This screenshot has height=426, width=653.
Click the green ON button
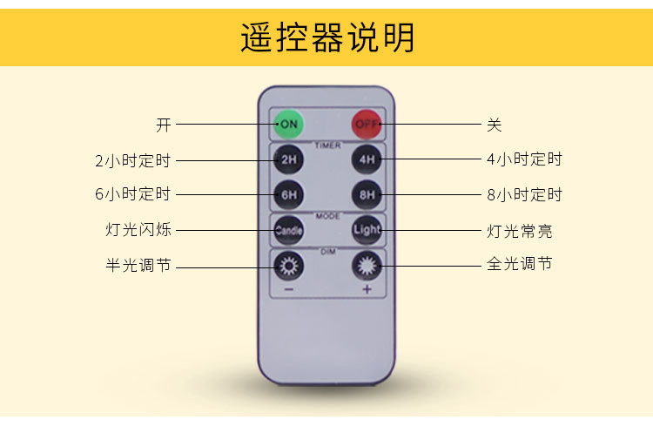(289, 125)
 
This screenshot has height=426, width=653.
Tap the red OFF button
(367, 125)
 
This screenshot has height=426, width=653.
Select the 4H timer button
(367, 160)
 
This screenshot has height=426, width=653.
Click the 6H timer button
(289, 194)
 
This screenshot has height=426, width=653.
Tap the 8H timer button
(367, 194)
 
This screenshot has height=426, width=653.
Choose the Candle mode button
(289, 231)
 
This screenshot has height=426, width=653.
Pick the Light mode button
(367, 231)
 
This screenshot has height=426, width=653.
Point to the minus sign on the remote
(289, 289)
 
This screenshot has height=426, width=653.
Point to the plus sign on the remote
(367, 289)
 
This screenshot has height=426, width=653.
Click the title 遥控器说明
(327, 38)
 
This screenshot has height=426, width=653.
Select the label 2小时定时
(133, 160)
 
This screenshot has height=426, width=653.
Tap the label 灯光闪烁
(138, 231)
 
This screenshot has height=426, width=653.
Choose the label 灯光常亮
(519, 231)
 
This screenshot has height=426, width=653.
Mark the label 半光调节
(138, 265)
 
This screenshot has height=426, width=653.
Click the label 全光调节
(519, 263)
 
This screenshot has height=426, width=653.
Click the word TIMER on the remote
(327, 145)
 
